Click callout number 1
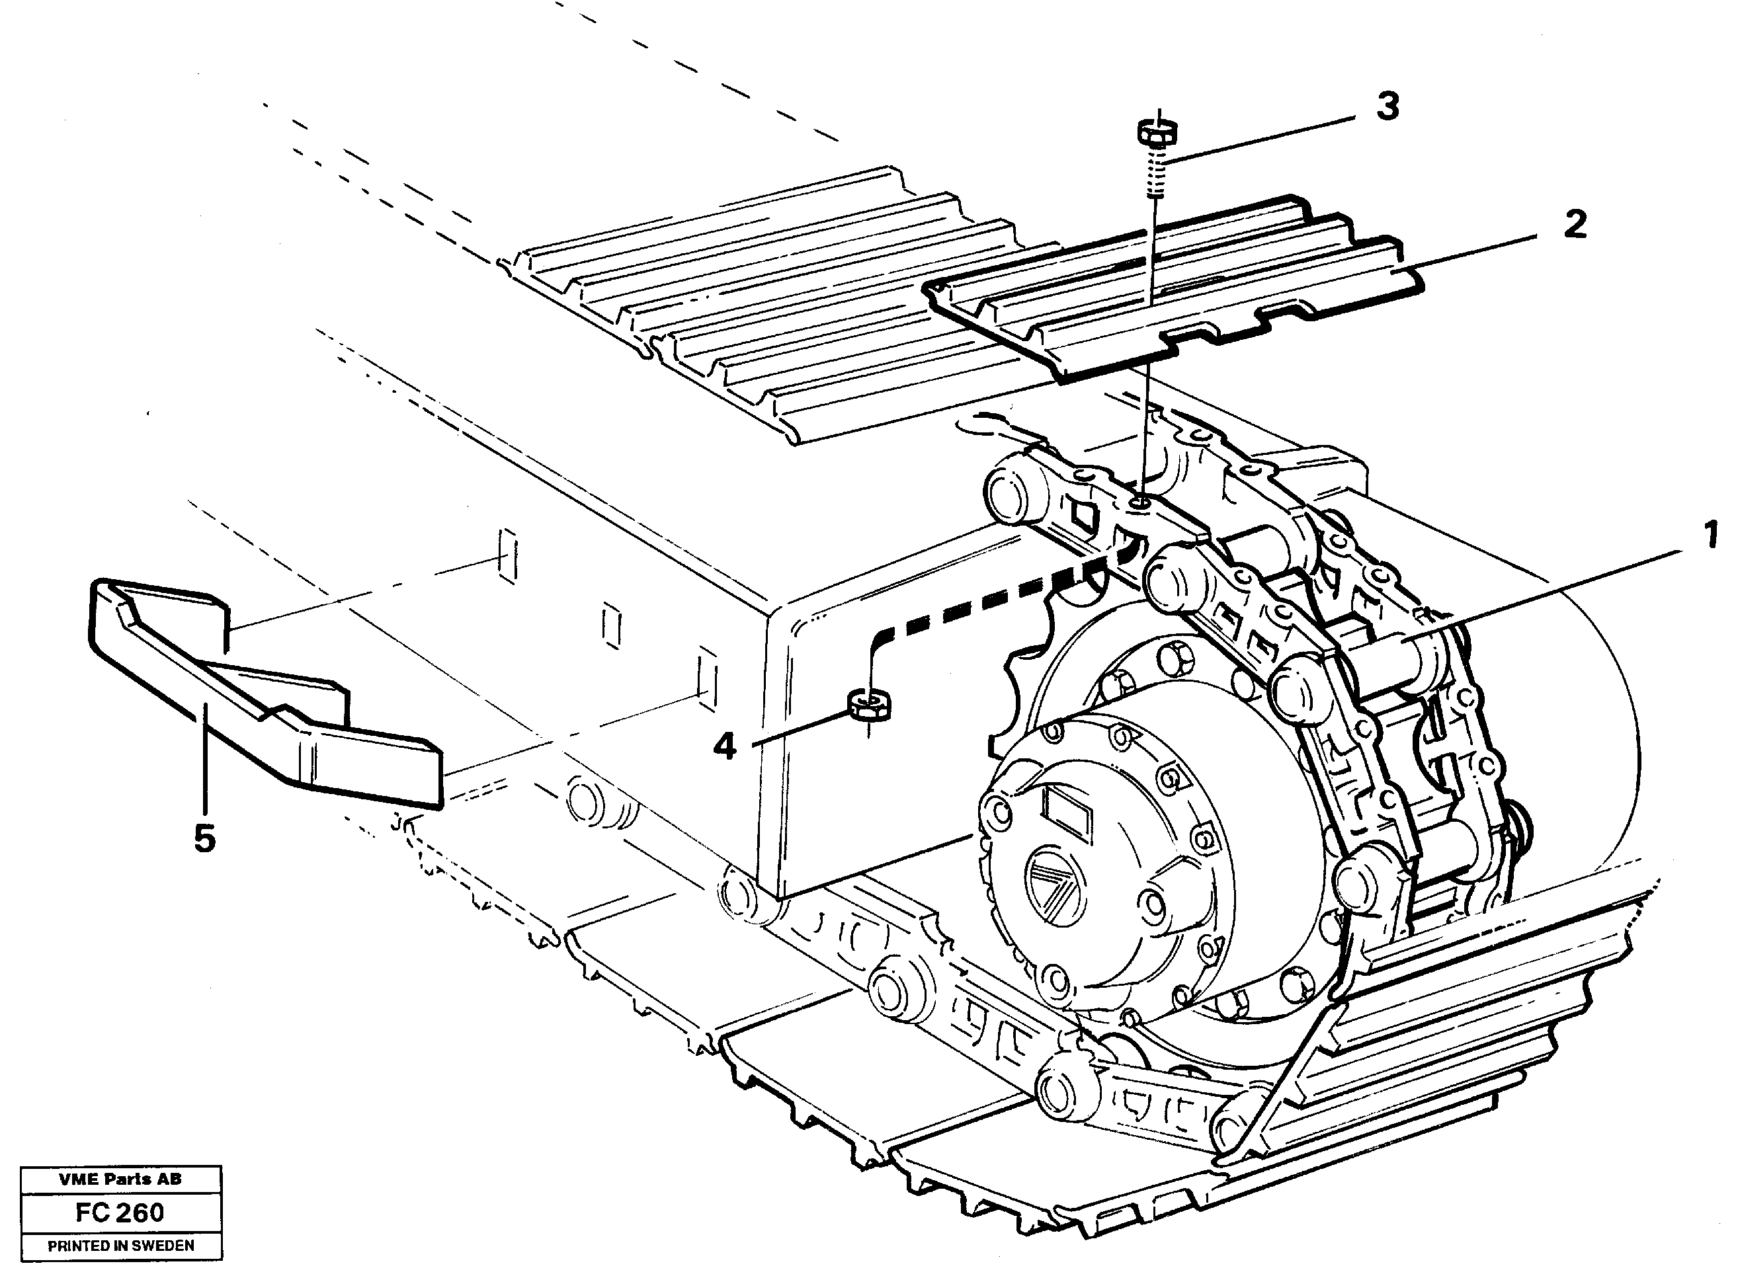[x=1710, y=536]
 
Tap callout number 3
[x=1388, y=106]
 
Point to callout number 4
[x=724, y=746]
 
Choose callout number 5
[x=204, y=839]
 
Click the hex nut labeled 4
[x=870, y=704]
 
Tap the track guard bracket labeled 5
[x=263, y=695]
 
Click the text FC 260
[x=120, y=1212]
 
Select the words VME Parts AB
[x=120, y=1179]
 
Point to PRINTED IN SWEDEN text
[x=120, y=1245]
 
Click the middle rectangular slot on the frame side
[x=610, y=624]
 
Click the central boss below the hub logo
[x=1159, y=904]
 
